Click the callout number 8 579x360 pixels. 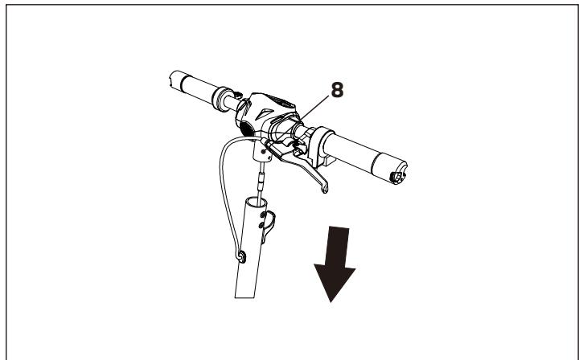pyautogui.click(x=339, y=90)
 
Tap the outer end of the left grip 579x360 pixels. pyautogui.click(x=172, y=79)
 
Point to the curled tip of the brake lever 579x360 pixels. pyautogui.click(x=323, y=188)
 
